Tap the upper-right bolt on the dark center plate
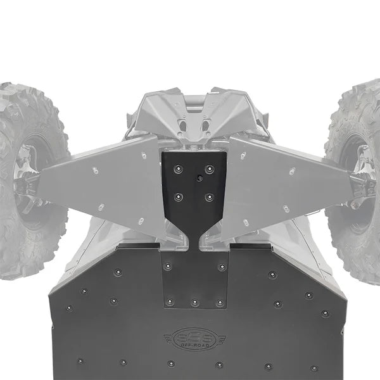(210, 169)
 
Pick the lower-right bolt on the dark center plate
(210, 197)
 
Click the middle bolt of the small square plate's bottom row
(194, 303)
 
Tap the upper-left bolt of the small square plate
(168, 267)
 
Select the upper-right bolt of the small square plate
(222, 267)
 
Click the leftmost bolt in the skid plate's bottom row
(80, 361)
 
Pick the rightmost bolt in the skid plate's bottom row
(314, 367)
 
